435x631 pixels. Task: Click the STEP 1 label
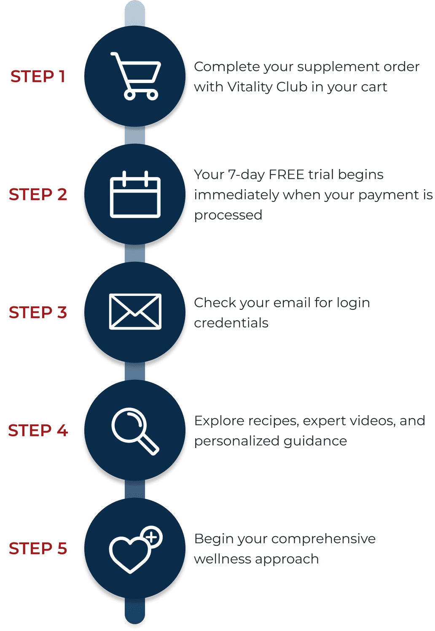pos(38,76)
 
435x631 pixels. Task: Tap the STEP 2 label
pos(38,194)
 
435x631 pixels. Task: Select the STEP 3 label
pos(38,312)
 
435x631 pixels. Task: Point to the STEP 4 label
pos(38,430)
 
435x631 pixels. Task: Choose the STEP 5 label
pos(38,548)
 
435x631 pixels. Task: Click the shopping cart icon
pos(135,76)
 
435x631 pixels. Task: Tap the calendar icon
pos(135,195)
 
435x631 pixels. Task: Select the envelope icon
pos(135,311)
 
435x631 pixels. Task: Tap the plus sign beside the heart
pos(151,537)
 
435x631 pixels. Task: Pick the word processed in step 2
pos(228,215)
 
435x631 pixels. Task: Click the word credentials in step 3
pos(231,323)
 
